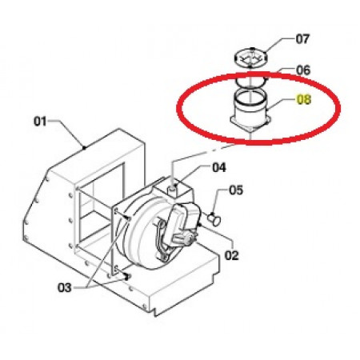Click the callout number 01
(40, 122)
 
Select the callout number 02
(231, 255)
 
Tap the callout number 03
(65, 288)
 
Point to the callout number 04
(219, 168)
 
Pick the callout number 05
(236, 190)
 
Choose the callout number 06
(303, 70)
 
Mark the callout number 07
(302, 39)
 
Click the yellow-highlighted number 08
(304, 100)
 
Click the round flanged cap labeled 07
(250, 58)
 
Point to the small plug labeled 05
(214, 220)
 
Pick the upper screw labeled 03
(129, 218)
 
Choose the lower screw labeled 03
(126, 278)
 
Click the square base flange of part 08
(250, 125)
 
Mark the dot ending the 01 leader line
(84, 147)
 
